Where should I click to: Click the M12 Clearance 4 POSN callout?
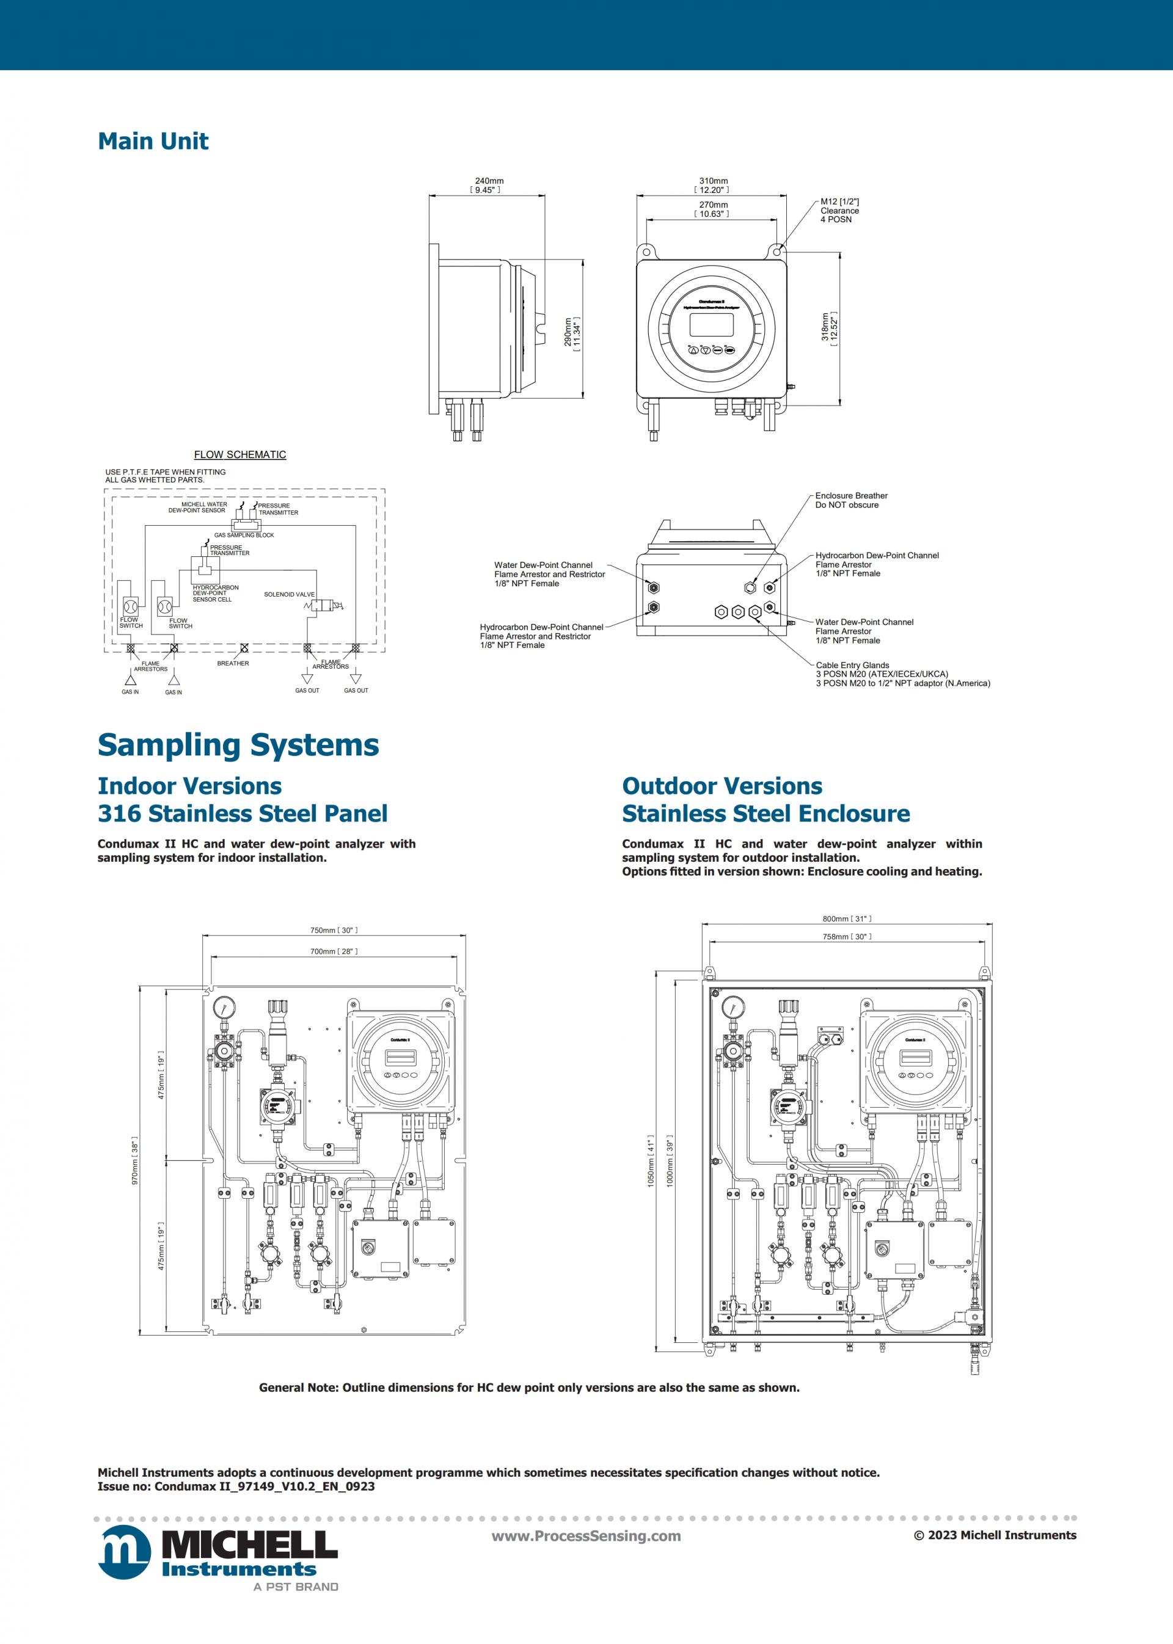(x=839, y=210)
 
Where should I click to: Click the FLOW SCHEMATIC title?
(x=240, y=454)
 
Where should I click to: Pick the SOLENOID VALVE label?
(x=289, y=594)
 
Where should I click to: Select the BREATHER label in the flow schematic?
(x=233, y=663)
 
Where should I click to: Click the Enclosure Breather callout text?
(x=851, y=500)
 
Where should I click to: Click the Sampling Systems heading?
(x=238, y=745)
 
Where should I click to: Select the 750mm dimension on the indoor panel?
(x=334, y=930)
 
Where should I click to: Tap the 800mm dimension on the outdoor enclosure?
(x=847, y=918)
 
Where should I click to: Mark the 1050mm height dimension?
(x=650, y=1161)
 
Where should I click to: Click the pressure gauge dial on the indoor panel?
(x=225, y=1007)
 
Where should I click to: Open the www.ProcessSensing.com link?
(x=586, y=1536)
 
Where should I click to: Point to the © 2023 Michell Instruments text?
(x=995, y=1535)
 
